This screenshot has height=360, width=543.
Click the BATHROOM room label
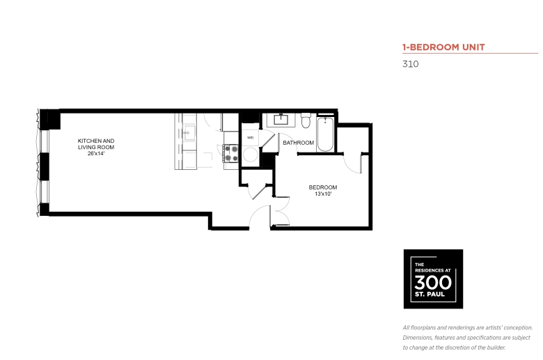click(298, 143)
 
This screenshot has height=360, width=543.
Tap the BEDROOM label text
click(323, 187)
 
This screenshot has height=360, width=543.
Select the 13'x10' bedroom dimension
click(323, 194)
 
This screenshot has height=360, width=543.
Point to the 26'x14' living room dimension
click(96, 153)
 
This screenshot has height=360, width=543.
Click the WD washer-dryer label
click(250, 138)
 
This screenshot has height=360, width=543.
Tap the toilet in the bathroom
click(306, 120)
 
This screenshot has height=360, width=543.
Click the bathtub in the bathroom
click(325, 134)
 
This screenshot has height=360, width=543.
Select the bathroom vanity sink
click(281, 119)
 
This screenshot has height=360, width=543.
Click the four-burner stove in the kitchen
click(230, 153)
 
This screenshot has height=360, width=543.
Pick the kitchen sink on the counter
click(189, 133)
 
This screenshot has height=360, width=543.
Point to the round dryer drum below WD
click(250, 155)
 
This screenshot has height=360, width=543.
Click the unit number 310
click(410, 64)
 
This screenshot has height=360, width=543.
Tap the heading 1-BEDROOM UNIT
click(443, 47)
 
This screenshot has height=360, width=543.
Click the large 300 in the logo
click(433, 283)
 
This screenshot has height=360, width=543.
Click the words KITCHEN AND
click(96, 141)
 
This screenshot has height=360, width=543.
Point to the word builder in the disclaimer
click(495, 347)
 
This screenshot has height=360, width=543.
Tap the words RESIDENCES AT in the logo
click(433, 270)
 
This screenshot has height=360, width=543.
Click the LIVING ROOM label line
click(96, 147)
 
